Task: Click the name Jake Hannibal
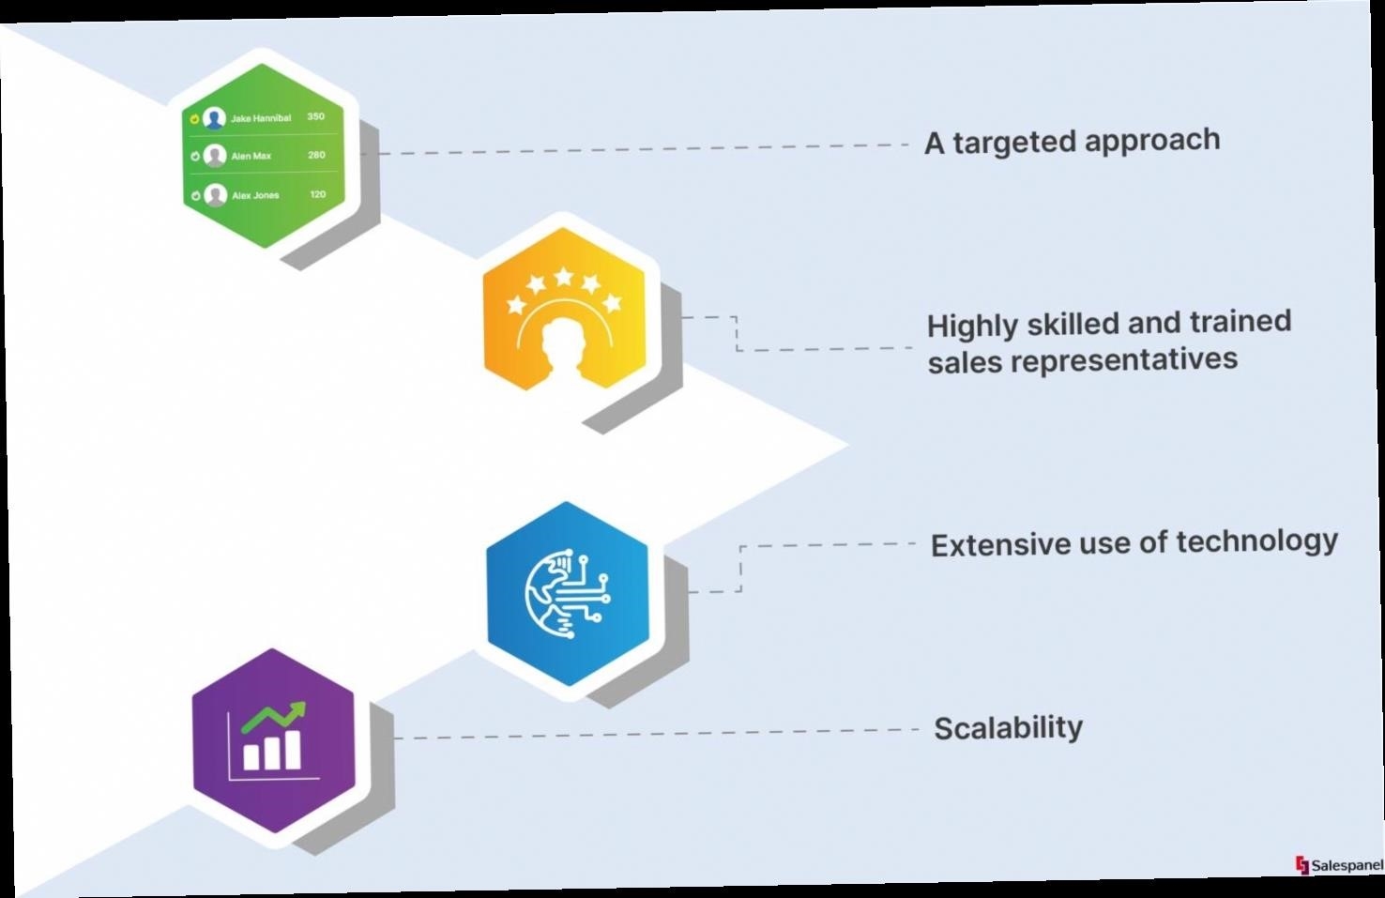click(260, 117)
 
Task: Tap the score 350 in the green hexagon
click(315, 116)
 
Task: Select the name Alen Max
click(251, 156)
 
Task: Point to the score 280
click(316, 155)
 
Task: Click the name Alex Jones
click(255, 195)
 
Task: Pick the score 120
click(318, 194)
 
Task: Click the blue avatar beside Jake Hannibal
click(214, 118)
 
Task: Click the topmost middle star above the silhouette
click(563, 277)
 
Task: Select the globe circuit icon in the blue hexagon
click(567, 594)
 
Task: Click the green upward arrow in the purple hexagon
click(274, 718)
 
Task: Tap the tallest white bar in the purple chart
click(292, 750)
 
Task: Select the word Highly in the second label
click(972, 327)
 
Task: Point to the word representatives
click(1124, 361)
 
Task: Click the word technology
click(1256, 542)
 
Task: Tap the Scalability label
click(1008, 728)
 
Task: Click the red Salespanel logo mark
click(1302, 864)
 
